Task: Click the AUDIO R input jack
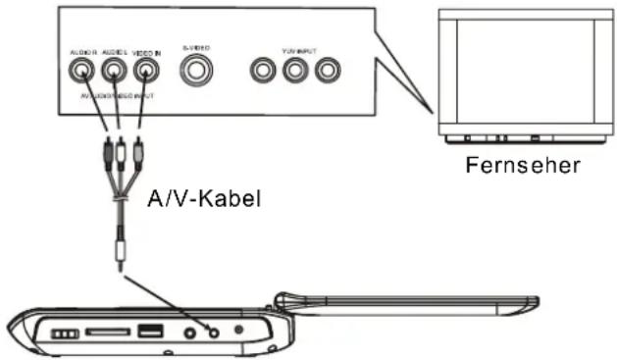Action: [80, 71]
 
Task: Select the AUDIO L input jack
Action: [114, 71]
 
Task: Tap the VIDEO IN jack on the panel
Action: [146, 71]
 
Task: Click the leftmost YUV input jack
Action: [263, 71]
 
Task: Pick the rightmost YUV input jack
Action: [326, 71]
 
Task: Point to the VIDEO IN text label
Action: [146, 50]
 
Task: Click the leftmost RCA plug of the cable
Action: [105, 152]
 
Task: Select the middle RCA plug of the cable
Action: [119, 152]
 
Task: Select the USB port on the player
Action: [150, 332]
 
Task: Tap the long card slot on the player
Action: [104, 333]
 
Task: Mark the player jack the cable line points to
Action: [214, 332]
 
